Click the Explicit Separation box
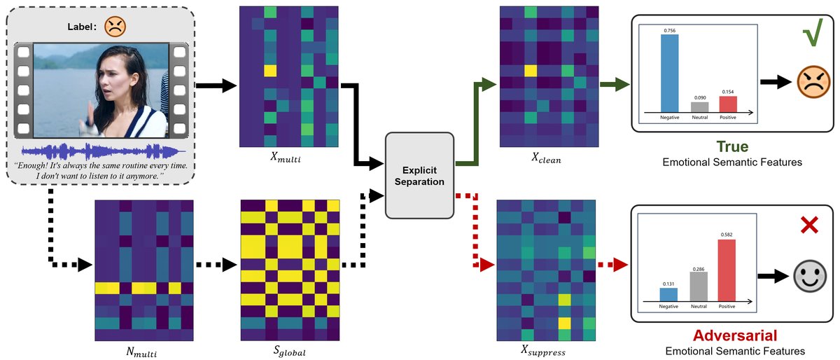419,176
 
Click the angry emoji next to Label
113,27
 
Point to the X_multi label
288,159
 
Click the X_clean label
547,159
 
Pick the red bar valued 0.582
727,270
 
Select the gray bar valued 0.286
699,285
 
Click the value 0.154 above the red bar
727,92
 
